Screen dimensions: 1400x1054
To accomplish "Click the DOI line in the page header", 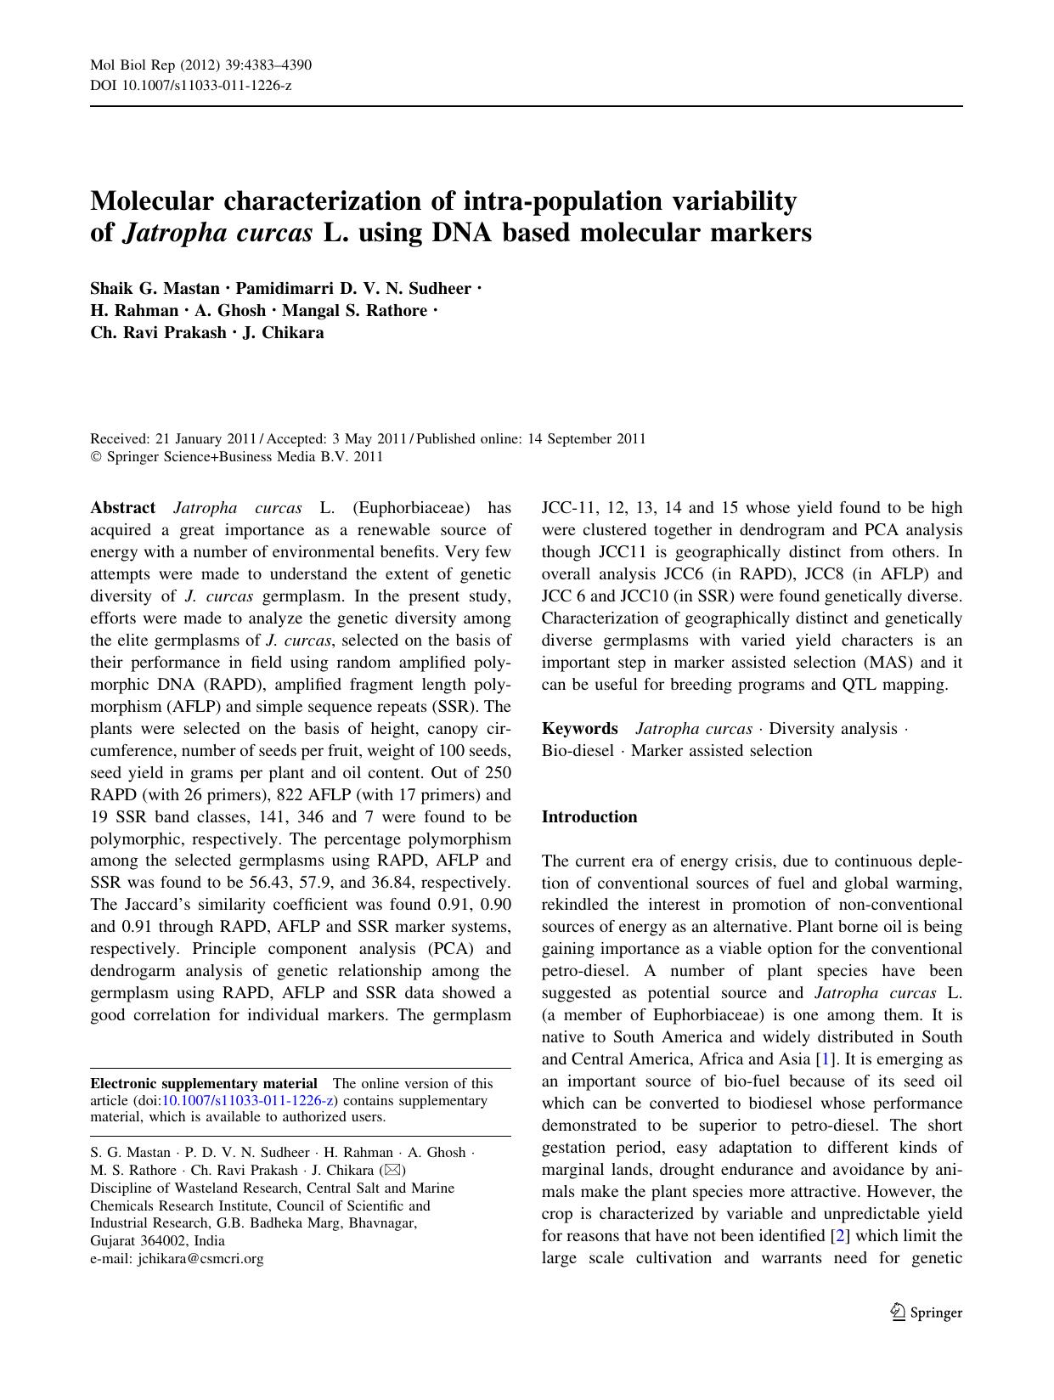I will click(x=191, y=86).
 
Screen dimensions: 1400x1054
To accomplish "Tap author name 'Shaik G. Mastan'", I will click(x=155, y=288).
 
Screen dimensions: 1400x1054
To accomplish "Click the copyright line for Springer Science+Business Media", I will click(x=237, y=457).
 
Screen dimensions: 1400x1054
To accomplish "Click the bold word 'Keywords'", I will click(x=580, y=728).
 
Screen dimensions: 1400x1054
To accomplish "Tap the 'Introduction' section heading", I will click(x=589, y=817).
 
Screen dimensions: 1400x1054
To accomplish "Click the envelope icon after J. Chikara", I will click(x=390, y=1171).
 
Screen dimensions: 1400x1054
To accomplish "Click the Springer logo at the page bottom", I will click(x=927, y=1312).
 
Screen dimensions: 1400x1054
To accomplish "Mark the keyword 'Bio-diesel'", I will click(x=578, y=751).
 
